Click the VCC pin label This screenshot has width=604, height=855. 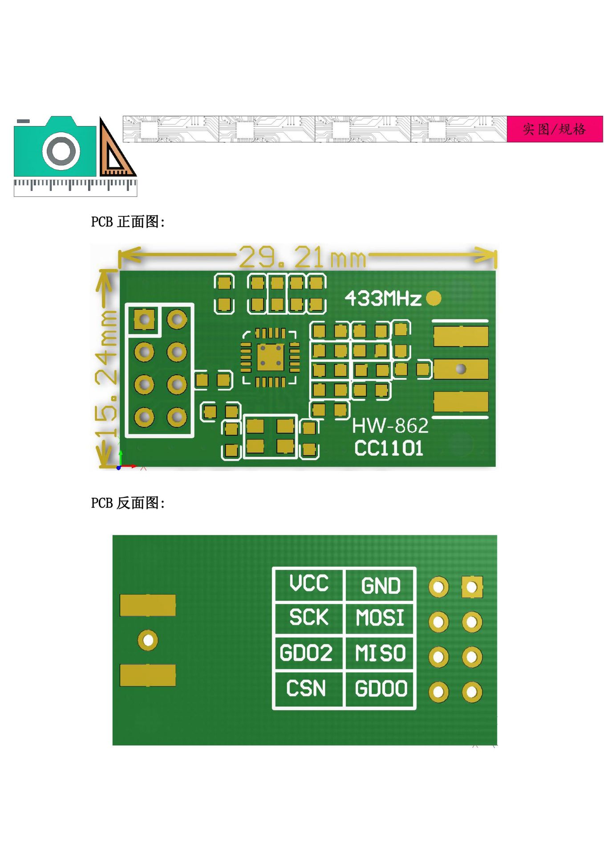tap(309, 583)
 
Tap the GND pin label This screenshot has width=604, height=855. tap(381, 586)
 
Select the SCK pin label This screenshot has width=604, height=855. tap(309, 617)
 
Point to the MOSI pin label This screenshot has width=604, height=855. tap(380, 618)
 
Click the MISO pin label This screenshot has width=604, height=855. tap(381, 653)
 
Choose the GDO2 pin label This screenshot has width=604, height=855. tap(306, 653)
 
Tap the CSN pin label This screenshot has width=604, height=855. tap(306, 688)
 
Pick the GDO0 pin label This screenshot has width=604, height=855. tap(381, 688)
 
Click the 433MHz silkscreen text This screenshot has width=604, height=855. tap(383, 298)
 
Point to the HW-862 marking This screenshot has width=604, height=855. tap(390, 426)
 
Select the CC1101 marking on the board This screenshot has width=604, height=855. tap(389, 448)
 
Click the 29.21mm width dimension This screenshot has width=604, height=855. tap(303, 257)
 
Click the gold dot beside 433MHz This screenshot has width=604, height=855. tap(434, 298)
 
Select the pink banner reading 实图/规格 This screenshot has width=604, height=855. tap(555, 129)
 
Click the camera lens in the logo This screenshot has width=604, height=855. tap(61, 151)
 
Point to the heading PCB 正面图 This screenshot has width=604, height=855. tap(128, 222)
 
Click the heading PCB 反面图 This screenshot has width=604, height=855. tap(128, 503)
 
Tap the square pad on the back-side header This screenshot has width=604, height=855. tap(472, 587)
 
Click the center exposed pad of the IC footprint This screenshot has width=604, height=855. tap(270, 357)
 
